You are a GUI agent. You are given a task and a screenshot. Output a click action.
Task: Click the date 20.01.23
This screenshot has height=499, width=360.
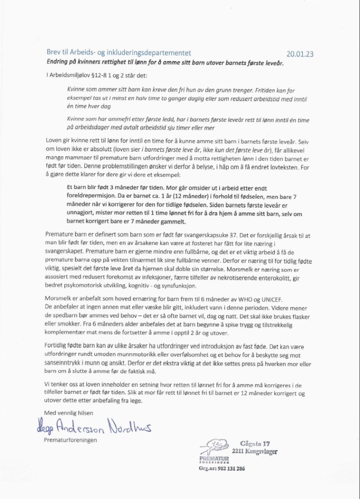[300, 54]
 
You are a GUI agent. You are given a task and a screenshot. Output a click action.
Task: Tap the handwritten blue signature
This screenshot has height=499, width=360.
[93, 427]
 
